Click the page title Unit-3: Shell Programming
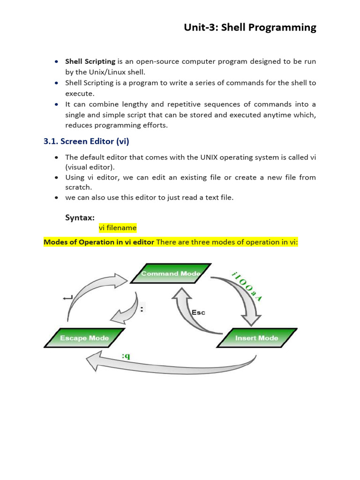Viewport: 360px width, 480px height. (x=250, y=28)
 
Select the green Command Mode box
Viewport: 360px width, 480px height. (x=171, y=274)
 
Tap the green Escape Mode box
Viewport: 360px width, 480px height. (x=84, y=338)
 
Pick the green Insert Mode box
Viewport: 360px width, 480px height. (x=256, y=338)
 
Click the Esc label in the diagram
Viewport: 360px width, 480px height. (x=198, y=312)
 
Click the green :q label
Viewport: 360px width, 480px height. (x=126, y=357)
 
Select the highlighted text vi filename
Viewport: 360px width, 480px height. (x=117, y=228)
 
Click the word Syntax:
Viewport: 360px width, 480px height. (x=80, y=217)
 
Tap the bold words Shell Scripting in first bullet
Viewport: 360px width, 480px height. (x=90, y=61)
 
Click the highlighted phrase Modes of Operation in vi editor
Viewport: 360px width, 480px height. (x=99, y=242)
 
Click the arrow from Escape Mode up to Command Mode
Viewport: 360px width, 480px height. (x=89, y=295)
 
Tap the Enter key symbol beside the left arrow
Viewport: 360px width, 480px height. (x=67, y=297)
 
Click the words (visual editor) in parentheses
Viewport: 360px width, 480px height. (x=89, y=167)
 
